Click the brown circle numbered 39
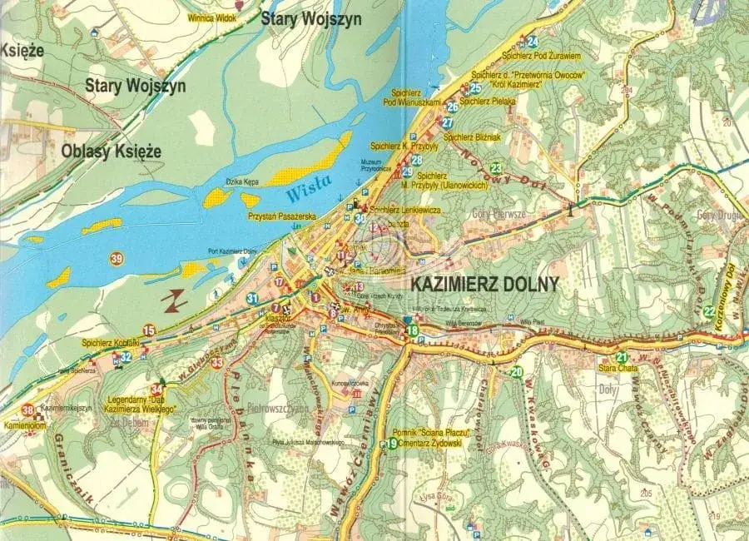pos(116,260)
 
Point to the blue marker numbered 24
pos(532,42)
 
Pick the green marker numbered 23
pos(496,167)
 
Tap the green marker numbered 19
pos(392,444)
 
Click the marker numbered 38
pos(29,409)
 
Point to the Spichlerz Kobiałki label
pos(109,342)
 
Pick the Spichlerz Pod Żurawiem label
pos(541,57)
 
